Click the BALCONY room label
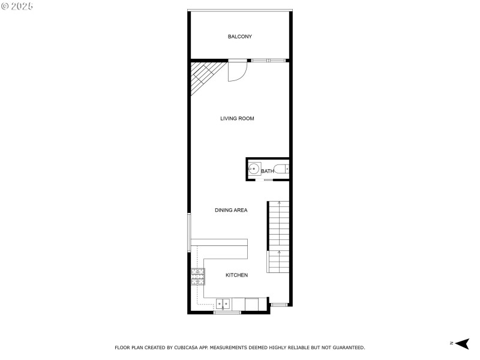coord(239,37)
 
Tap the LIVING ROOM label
coord(237,119)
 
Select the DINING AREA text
coord(231,211)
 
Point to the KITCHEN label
coord(236,275)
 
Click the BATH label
coord(268,172)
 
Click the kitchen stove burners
coord(198,276)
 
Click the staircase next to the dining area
coord(278,237)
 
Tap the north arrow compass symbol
coord(461,343)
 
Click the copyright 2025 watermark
coord(17,6)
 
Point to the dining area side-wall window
coord(190,232)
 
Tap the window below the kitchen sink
coord(227,313)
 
